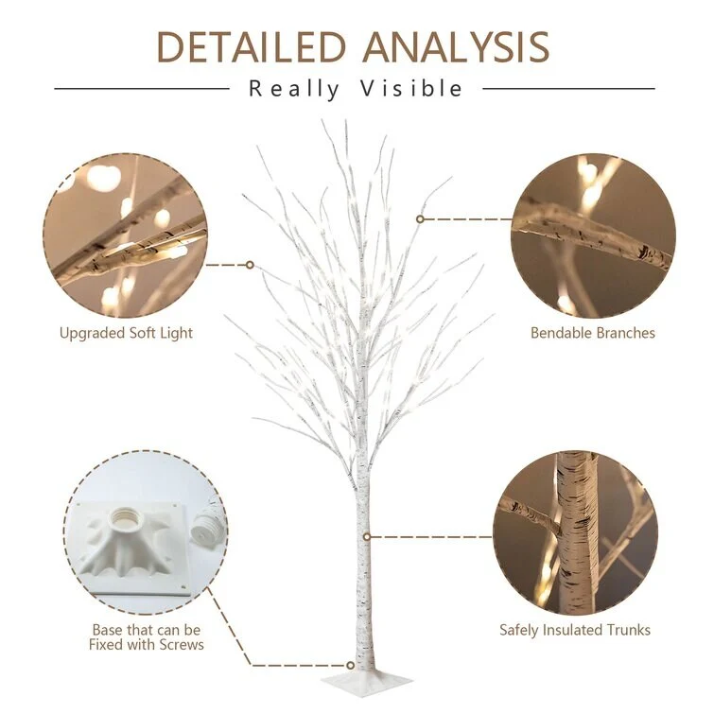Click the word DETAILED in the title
point(251,47)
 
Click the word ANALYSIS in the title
point(456,47)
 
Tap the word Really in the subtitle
point(294,89)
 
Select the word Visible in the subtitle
point(411,88)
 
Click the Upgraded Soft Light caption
point(126,333)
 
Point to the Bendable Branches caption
point(592,333)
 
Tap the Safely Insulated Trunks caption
point(575,630)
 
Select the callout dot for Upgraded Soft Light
point(250,265)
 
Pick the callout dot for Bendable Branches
point(420,219)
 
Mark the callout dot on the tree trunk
point(367,537)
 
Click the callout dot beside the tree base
point(350,666)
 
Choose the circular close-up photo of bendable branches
point(593,235)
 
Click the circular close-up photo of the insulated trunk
point(575,533)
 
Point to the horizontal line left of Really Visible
point(142,89)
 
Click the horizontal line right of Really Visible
point(568,89)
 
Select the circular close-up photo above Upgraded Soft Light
point(126,235)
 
